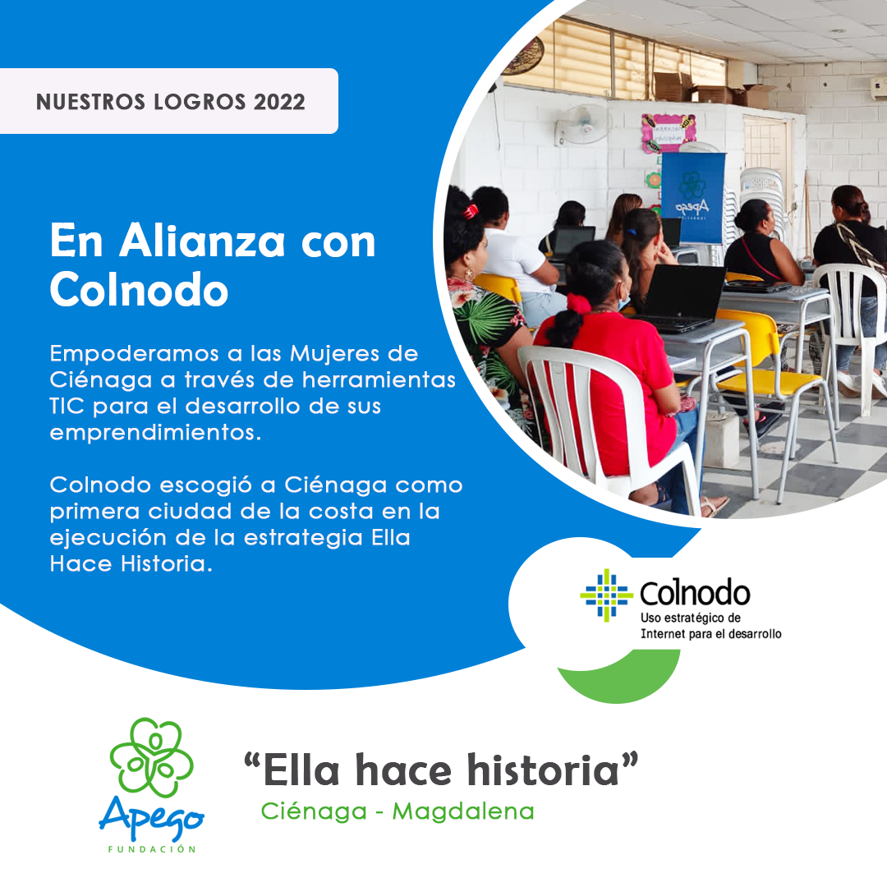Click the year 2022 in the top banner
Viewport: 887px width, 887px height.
tap(279, 102)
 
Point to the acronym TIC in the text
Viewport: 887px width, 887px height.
tap(67, 407)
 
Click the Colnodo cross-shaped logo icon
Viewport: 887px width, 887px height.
tap(605, 595)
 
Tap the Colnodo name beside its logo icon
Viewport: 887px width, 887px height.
tap(694, 594)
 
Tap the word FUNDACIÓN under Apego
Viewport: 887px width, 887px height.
tap(152, 848)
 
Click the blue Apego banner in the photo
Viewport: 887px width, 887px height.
tap(692, 197)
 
